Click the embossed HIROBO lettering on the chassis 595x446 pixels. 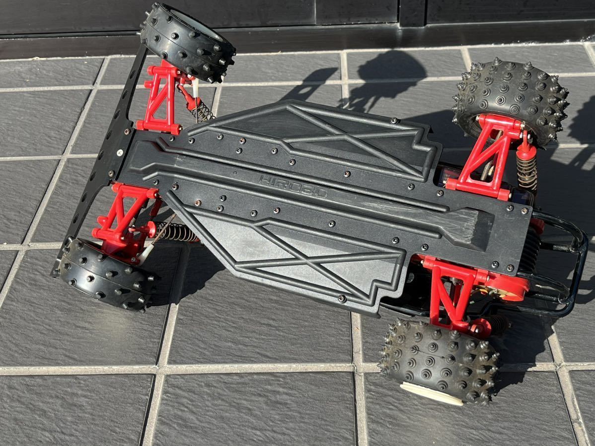click(293, 186)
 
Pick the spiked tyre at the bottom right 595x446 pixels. click(440, 361)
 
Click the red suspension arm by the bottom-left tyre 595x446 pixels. click(123, 217)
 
